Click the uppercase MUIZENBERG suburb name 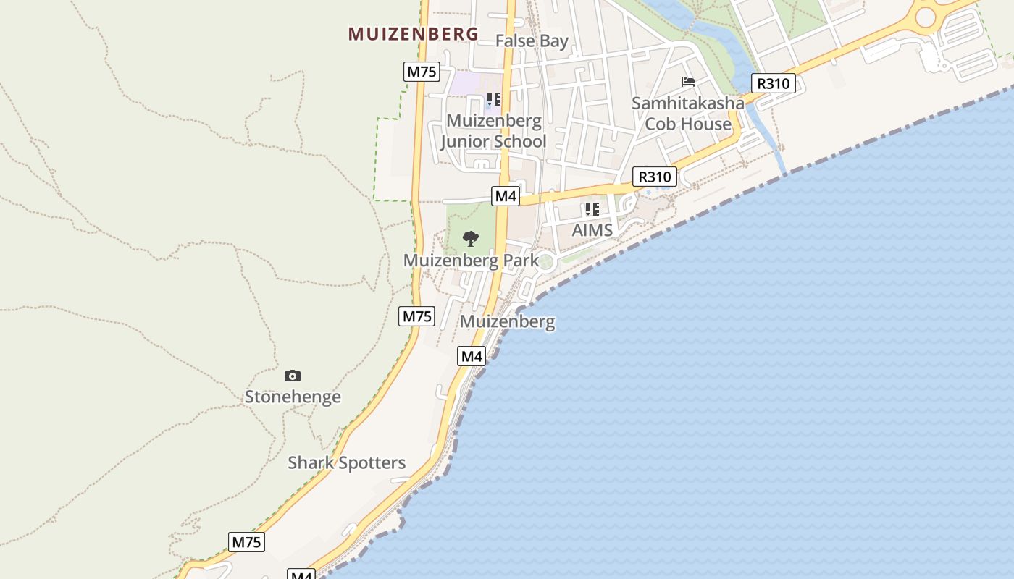(414, 33)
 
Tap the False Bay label (532, 41)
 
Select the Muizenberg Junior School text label (493, 131)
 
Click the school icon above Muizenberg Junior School (493, 99)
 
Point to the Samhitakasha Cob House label (687, 114)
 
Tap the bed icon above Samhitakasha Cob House (688, 82)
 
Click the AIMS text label (592, 230)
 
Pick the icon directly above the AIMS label (592, 210)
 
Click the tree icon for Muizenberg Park (471, 238)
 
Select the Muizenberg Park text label (471, 261)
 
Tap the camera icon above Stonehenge (293, 376)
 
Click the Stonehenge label (293, 397)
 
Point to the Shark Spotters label (347, 462)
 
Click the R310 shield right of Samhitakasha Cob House (773, 83)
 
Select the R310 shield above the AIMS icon (655, 177)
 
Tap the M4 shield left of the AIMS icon (506, 195)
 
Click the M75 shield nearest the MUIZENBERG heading (422, 71)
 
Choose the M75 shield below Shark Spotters (246, 542)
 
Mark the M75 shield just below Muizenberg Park (417, 316)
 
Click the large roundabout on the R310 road (926, 16)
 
